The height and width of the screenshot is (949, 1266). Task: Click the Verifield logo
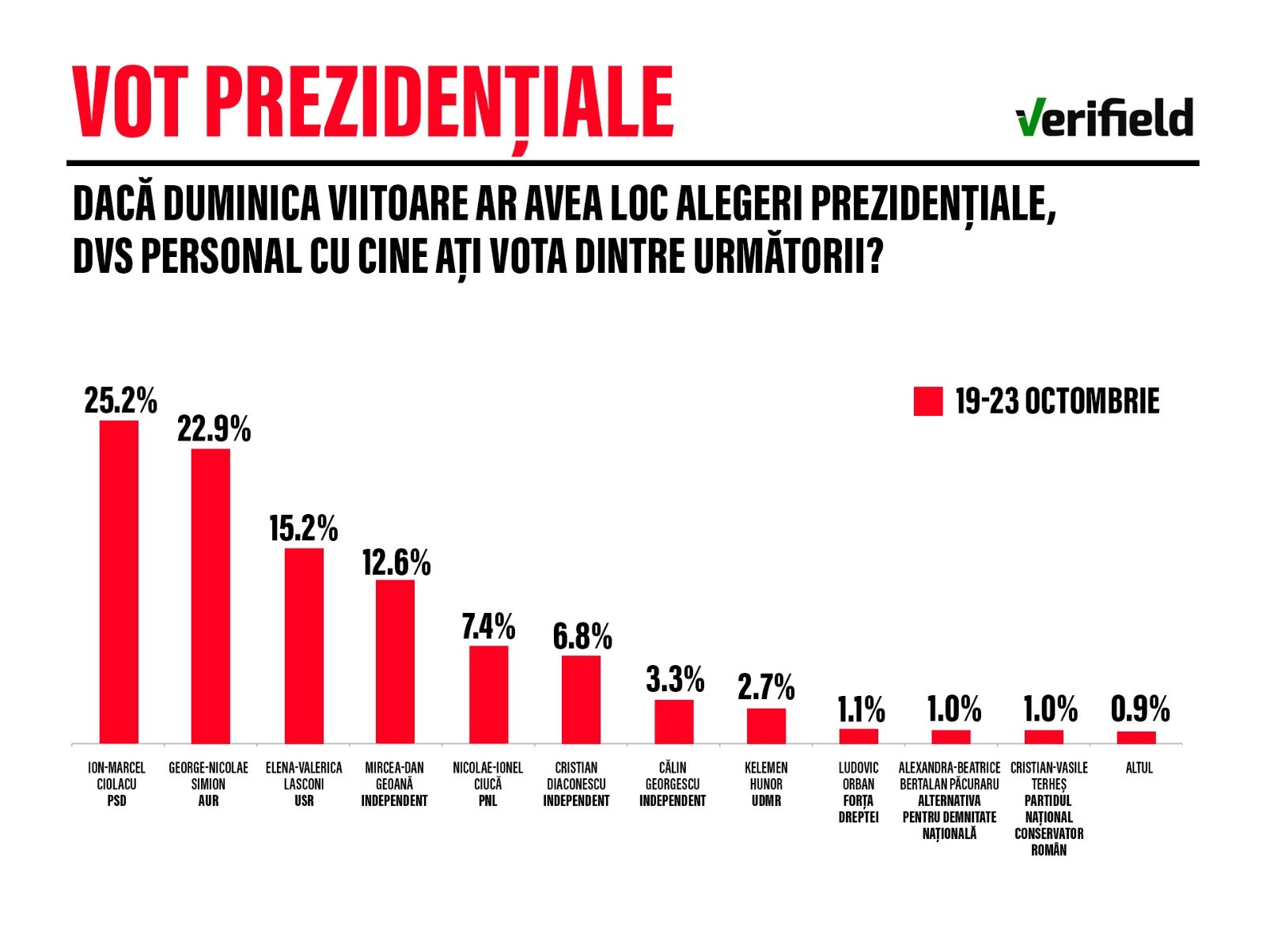click(x=1105, y=118)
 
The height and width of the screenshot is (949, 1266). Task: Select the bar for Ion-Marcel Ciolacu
click(x=119, y=582)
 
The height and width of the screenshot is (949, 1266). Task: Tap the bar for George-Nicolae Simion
click(x=210, y=596)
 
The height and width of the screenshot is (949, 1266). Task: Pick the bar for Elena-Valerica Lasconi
click(x=304, y=645)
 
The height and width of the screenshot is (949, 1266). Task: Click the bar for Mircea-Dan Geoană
click(x=395, y=662)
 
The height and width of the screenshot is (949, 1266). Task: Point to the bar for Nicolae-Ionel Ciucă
click(x=488, y=694)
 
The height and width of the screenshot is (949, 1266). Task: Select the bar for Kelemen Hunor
click(x=766, y=726)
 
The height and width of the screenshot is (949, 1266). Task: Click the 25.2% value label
click(x=120, y=401)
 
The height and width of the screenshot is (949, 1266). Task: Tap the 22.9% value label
click(x=214, y=429)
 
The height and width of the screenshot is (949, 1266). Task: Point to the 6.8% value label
click(x=582, y=637)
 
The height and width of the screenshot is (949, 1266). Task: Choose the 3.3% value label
click(x=675, y=679)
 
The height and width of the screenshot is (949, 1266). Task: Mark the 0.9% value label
click(x=1139, y=709)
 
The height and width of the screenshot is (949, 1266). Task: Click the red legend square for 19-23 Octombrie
click(x=927, y=401)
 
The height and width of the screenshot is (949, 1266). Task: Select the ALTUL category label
click(x=1139, y=768)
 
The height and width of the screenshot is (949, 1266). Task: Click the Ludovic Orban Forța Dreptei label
click(x=859, y=792)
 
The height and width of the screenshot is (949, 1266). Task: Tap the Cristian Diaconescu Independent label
click(x=576, y=785)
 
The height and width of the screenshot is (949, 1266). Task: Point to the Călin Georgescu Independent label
click(x=673, y=785)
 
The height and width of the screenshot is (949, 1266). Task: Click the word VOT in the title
click(x=131, y=103)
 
